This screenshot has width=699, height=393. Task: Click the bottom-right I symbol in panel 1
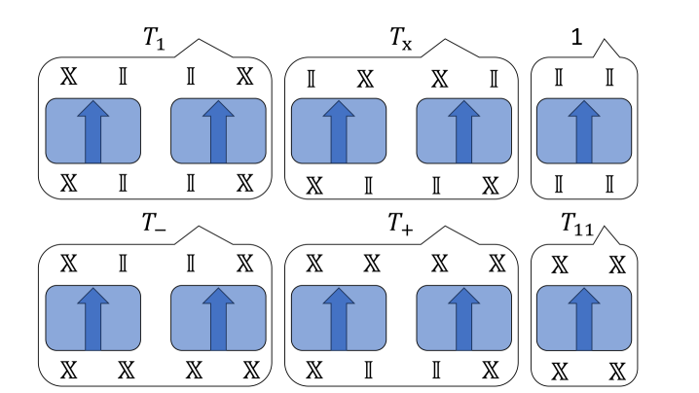pos(609,181)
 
